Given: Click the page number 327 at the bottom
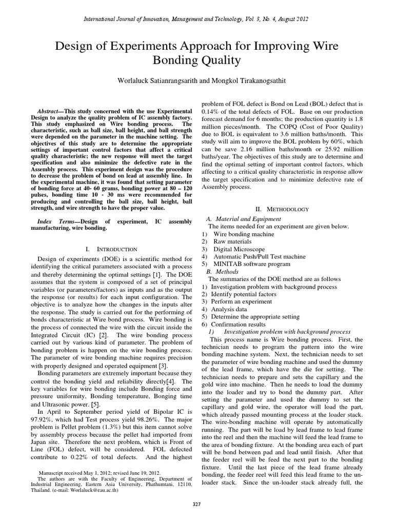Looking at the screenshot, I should (x=197, y=505).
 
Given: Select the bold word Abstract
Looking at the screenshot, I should (x=50, y=111).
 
